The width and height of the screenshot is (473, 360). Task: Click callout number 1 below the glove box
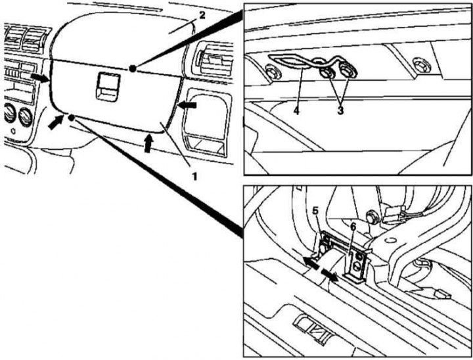[195, 176]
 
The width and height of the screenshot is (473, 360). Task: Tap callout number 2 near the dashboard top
[202, 14]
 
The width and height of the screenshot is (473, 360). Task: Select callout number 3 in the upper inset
[340, 111]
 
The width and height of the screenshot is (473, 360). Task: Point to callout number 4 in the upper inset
[296, 111]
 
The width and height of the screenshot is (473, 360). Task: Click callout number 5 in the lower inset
[315, 211]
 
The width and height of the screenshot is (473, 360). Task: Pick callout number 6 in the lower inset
[353, 227]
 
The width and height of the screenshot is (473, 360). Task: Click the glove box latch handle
[107, 87]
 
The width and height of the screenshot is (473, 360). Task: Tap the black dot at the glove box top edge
[132, 69]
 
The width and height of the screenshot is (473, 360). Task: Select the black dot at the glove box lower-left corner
[71, 118]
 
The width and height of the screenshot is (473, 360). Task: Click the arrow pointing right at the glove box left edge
[39, 78]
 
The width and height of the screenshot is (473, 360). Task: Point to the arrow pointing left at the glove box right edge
[187, 105]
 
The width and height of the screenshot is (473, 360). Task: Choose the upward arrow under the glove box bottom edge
[148, 143]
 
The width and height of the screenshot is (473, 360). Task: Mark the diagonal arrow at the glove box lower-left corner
[56, 122]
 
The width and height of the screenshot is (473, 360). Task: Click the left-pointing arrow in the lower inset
[311, 263]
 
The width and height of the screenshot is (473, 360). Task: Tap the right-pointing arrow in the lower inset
[330, 275]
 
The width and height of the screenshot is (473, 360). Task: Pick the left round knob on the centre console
[9, 113]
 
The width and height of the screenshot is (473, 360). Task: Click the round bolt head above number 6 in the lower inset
[371, 217]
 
